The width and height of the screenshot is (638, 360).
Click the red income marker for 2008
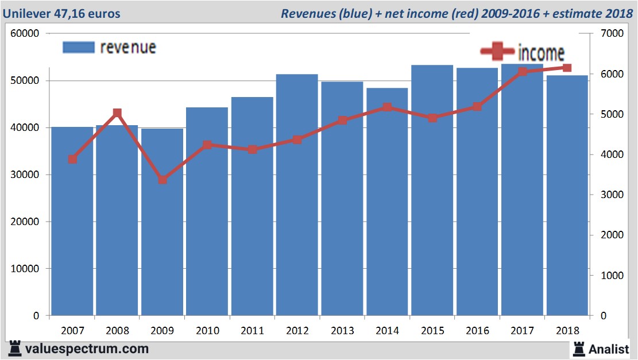point(117,113)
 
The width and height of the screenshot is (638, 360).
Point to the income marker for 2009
point(163,180)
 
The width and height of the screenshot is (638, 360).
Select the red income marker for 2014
point(387,107)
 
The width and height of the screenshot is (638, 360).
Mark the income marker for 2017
point(523,72)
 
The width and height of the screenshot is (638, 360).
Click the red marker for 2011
point(253,150)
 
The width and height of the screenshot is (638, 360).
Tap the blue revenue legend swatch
point(78,48)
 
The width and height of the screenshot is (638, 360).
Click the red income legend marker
point(497,52)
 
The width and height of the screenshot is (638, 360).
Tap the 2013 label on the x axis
point(342,331)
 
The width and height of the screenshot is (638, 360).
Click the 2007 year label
point(72,331)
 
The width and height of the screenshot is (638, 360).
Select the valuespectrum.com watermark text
point(87,349)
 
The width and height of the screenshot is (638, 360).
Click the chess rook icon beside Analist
point(578,349)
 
